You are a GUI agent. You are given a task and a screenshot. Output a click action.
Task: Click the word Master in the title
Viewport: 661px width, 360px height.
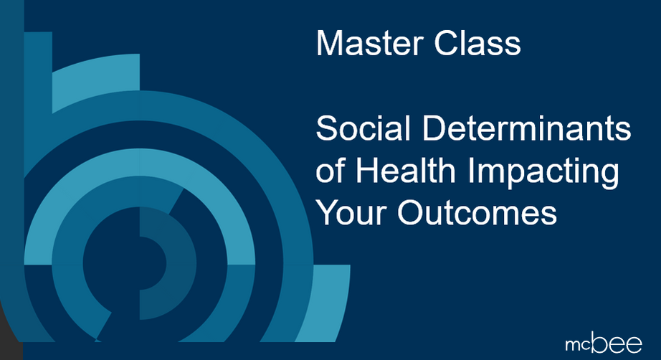point(370,43)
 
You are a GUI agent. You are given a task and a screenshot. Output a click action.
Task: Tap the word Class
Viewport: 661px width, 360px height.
point(477,43)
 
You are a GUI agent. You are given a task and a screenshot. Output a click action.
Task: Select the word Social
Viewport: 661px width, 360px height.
point(363,128)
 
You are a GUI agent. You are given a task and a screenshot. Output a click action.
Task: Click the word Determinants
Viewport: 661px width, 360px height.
point(526,128)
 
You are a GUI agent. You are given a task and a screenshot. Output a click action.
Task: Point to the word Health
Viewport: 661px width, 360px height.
point(406,171)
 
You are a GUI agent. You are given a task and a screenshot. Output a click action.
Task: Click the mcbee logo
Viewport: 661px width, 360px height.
point(604,343)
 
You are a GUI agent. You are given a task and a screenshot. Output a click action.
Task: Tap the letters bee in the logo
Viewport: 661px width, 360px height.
point(617,343)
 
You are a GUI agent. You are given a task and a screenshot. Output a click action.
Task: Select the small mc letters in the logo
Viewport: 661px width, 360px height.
point(579,346)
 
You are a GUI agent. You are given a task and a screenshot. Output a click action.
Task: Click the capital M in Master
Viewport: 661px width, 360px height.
point(328,43)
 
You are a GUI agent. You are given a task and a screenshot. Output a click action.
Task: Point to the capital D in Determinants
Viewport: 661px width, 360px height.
point(433,128)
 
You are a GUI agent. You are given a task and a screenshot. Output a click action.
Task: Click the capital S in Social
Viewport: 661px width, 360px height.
point(328,128)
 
